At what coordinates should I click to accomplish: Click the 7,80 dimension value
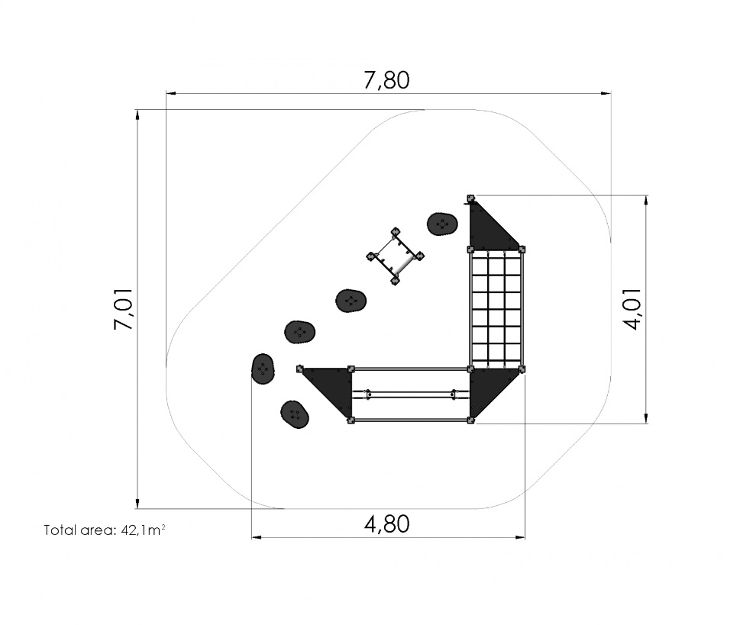386,80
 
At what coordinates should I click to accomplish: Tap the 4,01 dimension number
632,309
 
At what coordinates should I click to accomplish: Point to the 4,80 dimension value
386,524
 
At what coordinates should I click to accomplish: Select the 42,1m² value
143,530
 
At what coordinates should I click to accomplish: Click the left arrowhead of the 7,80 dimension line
171,93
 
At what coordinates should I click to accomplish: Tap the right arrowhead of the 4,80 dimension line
519,536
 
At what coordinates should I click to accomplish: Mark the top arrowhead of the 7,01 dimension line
137,115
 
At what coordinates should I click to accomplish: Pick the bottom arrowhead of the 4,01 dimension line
645,417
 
